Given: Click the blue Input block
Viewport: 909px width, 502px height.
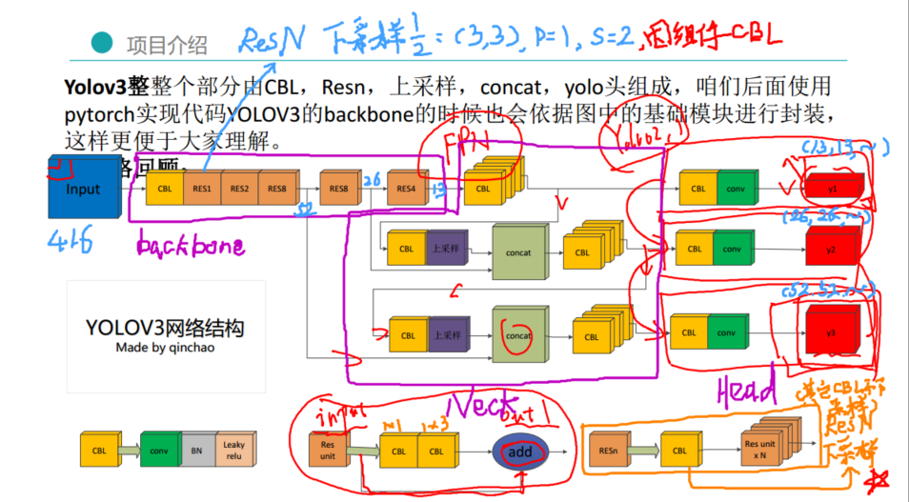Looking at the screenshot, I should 83,190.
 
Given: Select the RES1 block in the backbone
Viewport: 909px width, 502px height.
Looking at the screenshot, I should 201,189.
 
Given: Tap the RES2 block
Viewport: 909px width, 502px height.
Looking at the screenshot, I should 238,189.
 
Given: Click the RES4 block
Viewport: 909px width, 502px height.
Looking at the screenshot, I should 406,189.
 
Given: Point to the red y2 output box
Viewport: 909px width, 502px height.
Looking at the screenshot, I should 830,250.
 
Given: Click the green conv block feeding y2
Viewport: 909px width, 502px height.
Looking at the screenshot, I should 732,250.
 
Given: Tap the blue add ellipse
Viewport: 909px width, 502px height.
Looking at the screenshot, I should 520,452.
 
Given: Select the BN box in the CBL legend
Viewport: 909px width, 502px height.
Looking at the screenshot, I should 196,450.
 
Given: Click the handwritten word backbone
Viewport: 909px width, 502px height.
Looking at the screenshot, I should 190,247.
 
